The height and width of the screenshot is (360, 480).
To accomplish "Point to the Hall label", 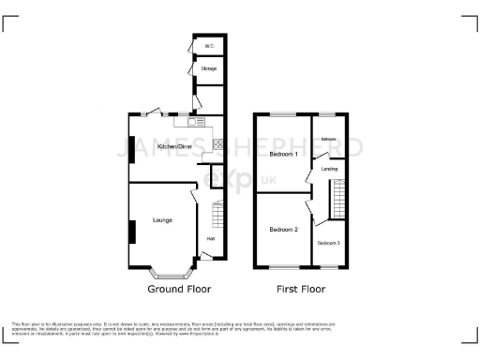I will pyautogui.click(x=211, y=238).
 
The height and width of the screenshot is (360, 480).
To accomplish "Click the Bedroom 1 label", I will pyautogui.click(x=283, y=154).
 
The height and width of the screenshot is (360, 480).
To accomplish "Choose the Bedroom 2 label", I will pyautogui.click(x=283, y=230).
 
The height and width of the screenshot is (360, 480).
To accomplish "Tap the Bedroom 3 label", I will pyautogui.click(x=328, y=244).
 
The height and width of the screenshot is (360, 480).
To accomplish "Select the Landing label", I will pyautogui.click(x=329, y=169).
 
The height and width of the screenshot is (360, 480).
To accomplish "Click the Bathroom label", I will pyautogui.click(x=328, y=140).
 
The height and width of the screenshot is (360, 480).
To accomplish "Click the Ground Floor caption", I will pyautogui.click(x=178, y=292).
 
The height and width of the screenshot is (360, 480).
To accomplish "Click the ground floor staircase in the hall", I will pyautogui.click(x=217, y=217).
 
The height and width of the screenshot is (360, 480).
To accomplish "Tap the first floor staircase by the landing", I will pyautogui.click(x=336, y=199).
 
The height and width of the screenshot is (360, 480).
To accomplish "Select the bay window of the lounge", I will pyautogui.click(x=170, y=276).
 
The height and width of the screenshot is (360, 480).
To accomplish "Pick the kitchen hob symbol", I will pyautogui.click(x=218, y=144).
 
